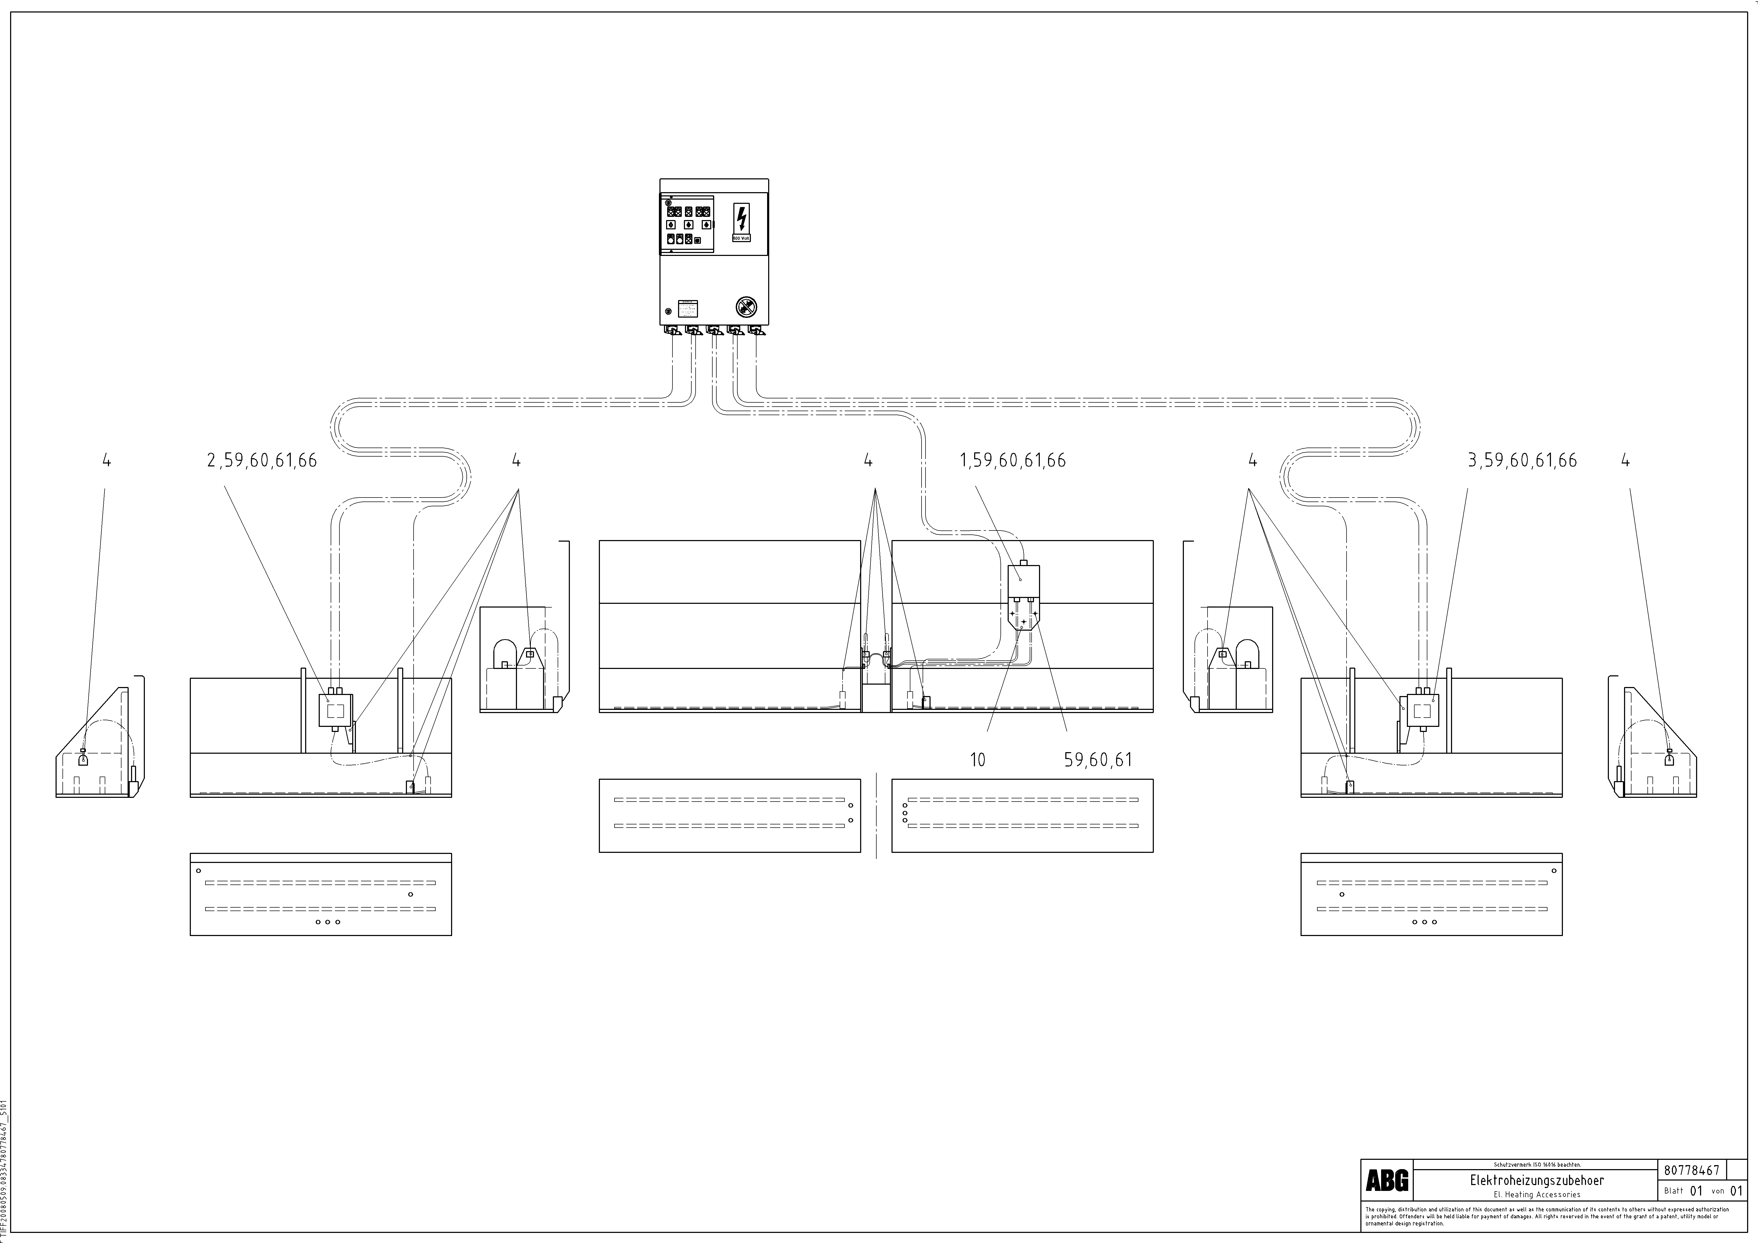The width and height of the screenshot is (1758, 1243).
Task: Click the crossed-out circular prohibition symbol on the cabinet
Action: pyautogui.click(x=746, y=308)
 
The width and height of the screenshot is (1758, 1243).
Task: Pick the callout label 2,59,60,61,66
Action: pyautogui.click(x=262, y=461)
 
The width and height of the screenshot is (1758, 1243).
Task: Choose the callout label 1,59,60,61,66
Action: pyautogui.click(x=1012, y=461)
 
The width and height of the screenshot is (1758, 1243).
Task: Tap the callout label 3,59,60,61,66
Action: pyautogui.click(x=1522, y=461)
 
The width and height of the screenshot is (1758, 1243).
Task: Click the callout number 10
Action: pyautogui.click(x=978, y=760)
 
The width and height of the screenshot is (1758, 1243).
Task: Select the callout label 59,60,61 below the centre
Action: pyautogui.click(x=1098, y=760)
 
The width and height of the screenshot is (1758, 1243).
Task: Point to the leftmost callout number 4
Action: pyautogui.click(x=106, y=461)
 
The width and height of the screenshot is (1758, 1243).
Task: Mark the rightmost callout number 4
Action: pyautogui.click(x=1626, y=461)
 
